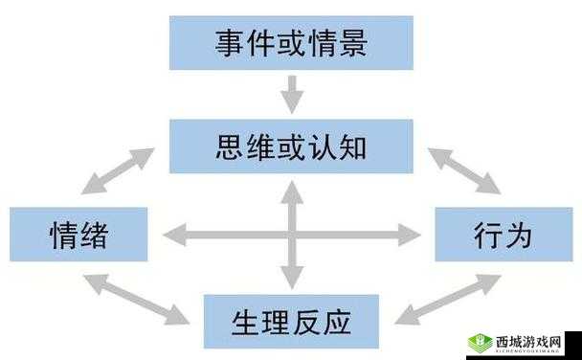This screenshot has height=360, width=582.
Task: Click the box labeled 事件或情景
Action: point(291,43)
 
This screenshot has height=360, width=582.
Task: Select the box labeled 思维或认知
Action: point(291,146)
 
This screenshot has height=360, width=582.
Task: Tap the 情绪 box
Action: point(78,234)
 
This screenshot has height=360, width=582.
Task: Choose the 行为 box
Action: point(503,234)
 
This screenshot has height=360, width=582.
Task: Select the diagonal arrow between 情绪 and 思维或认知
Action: point(119,171)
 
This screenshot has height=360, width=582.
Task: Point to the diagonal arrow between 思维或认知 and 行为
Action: point(463,171)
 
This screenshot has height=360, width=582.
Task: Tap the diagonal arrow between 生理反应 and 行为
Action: point(446,299)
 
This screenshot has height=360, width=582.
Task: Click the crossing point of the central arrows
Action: point(292,233)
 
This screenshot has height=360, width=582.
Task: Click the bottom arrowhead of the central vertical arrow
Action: point(292,279)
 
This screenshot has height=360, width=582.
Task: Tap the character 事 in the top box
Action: point(227,43)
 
